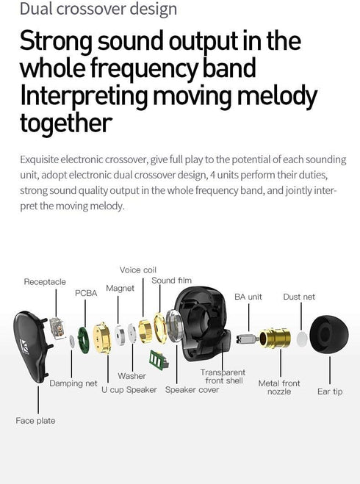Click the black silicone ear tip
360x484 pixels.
[x=329, y=334]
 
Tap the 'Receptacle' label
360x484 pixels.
[x=45, y=282]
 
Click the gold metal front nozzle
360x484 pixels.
[x=275, y=338]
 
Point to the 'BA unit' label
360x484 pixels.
[x=248, y=297]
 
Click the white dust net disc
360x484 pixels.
[x=302, y=339]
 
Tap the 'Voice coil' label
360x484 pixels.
[x=138, y=270]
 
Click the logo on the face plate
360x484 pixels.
[x=24, y=347]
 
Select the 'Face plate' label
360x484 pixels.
[x=35, y=420]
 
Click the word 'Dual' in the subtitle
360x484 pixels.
[x=36, y=9]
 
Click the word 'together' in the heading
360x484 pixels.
[x=66, y=123]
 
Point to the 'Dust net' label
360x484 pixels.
[x=299, y=297]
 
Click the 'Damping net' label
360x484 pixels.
[x=73, y=383]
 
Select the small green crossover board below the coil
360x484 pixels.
[x=159, y=359]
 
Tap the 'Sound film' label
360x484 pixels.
[x=171, y=281]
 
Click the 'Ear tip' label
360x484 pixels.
[x=330, y=391]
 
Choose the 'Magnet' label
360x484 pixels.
[x=120, y=289]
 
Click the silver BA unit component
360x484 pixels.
[x=247, y=339]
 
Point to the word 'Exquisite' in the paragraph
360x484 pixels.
[x=39, y=159]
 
